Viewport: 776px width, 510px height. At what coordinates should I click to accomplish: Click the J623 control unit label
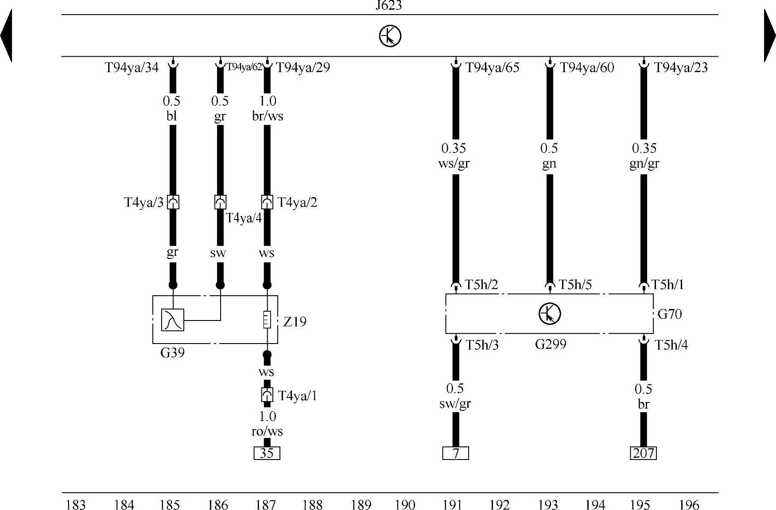pos(388,5)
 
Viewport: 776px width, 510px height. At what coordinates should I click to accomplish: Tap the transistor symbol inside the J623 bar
pos(390,36)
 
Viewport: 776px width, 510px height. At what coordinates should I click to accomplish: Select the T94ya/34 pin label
pos(132,67)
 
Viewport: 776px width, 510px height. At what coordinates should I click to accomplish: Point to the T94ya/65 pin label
pos(492,67)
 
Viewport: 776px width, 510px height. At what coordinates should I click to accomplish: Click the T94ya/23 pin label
pos(681,67)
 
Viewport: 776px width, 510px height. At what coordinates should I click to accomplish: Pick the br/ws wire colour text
pos(268,116)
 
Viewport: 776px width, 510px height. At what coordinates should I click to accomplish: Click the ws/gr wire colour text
pos(454,163)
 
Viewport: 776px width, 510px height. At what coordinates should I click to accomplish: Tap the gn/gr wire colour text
pos(644,163)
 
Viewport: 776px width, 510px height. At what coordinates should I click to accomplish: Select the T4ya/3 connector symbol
pos(173,202)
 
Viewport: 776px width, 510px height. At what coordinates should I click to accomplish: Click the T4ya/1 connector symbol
pos(267,394)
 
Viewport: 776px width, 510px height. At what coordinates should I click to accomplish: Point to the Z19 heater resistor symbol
pos(267,320)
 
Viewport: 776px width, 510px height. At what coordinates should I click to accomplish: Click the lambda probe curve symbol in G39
pos(172,320)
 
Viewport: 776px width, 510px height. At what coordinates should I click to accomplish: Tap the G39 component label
pos(172,353)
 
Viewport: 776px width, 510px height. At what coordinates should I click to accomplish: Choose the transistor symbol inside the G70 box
pos(550,313)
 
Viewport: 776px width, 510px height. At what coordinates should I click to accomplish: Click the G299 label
pos(551,344)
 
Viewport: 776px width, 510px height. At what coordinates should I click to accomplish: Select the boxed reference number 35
pos(267,453)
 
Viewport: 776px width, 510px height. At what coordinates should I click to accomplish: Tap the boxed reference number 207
pos(643,453)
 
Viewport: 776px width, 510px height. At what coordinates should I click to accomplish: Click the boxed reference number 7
pos(455,453)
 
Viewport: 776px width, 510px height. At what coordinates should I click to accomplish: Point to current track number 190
pos(405,505)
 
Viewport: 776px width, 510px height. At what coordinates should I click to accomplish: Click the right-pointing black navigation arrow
pos(770,35)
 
